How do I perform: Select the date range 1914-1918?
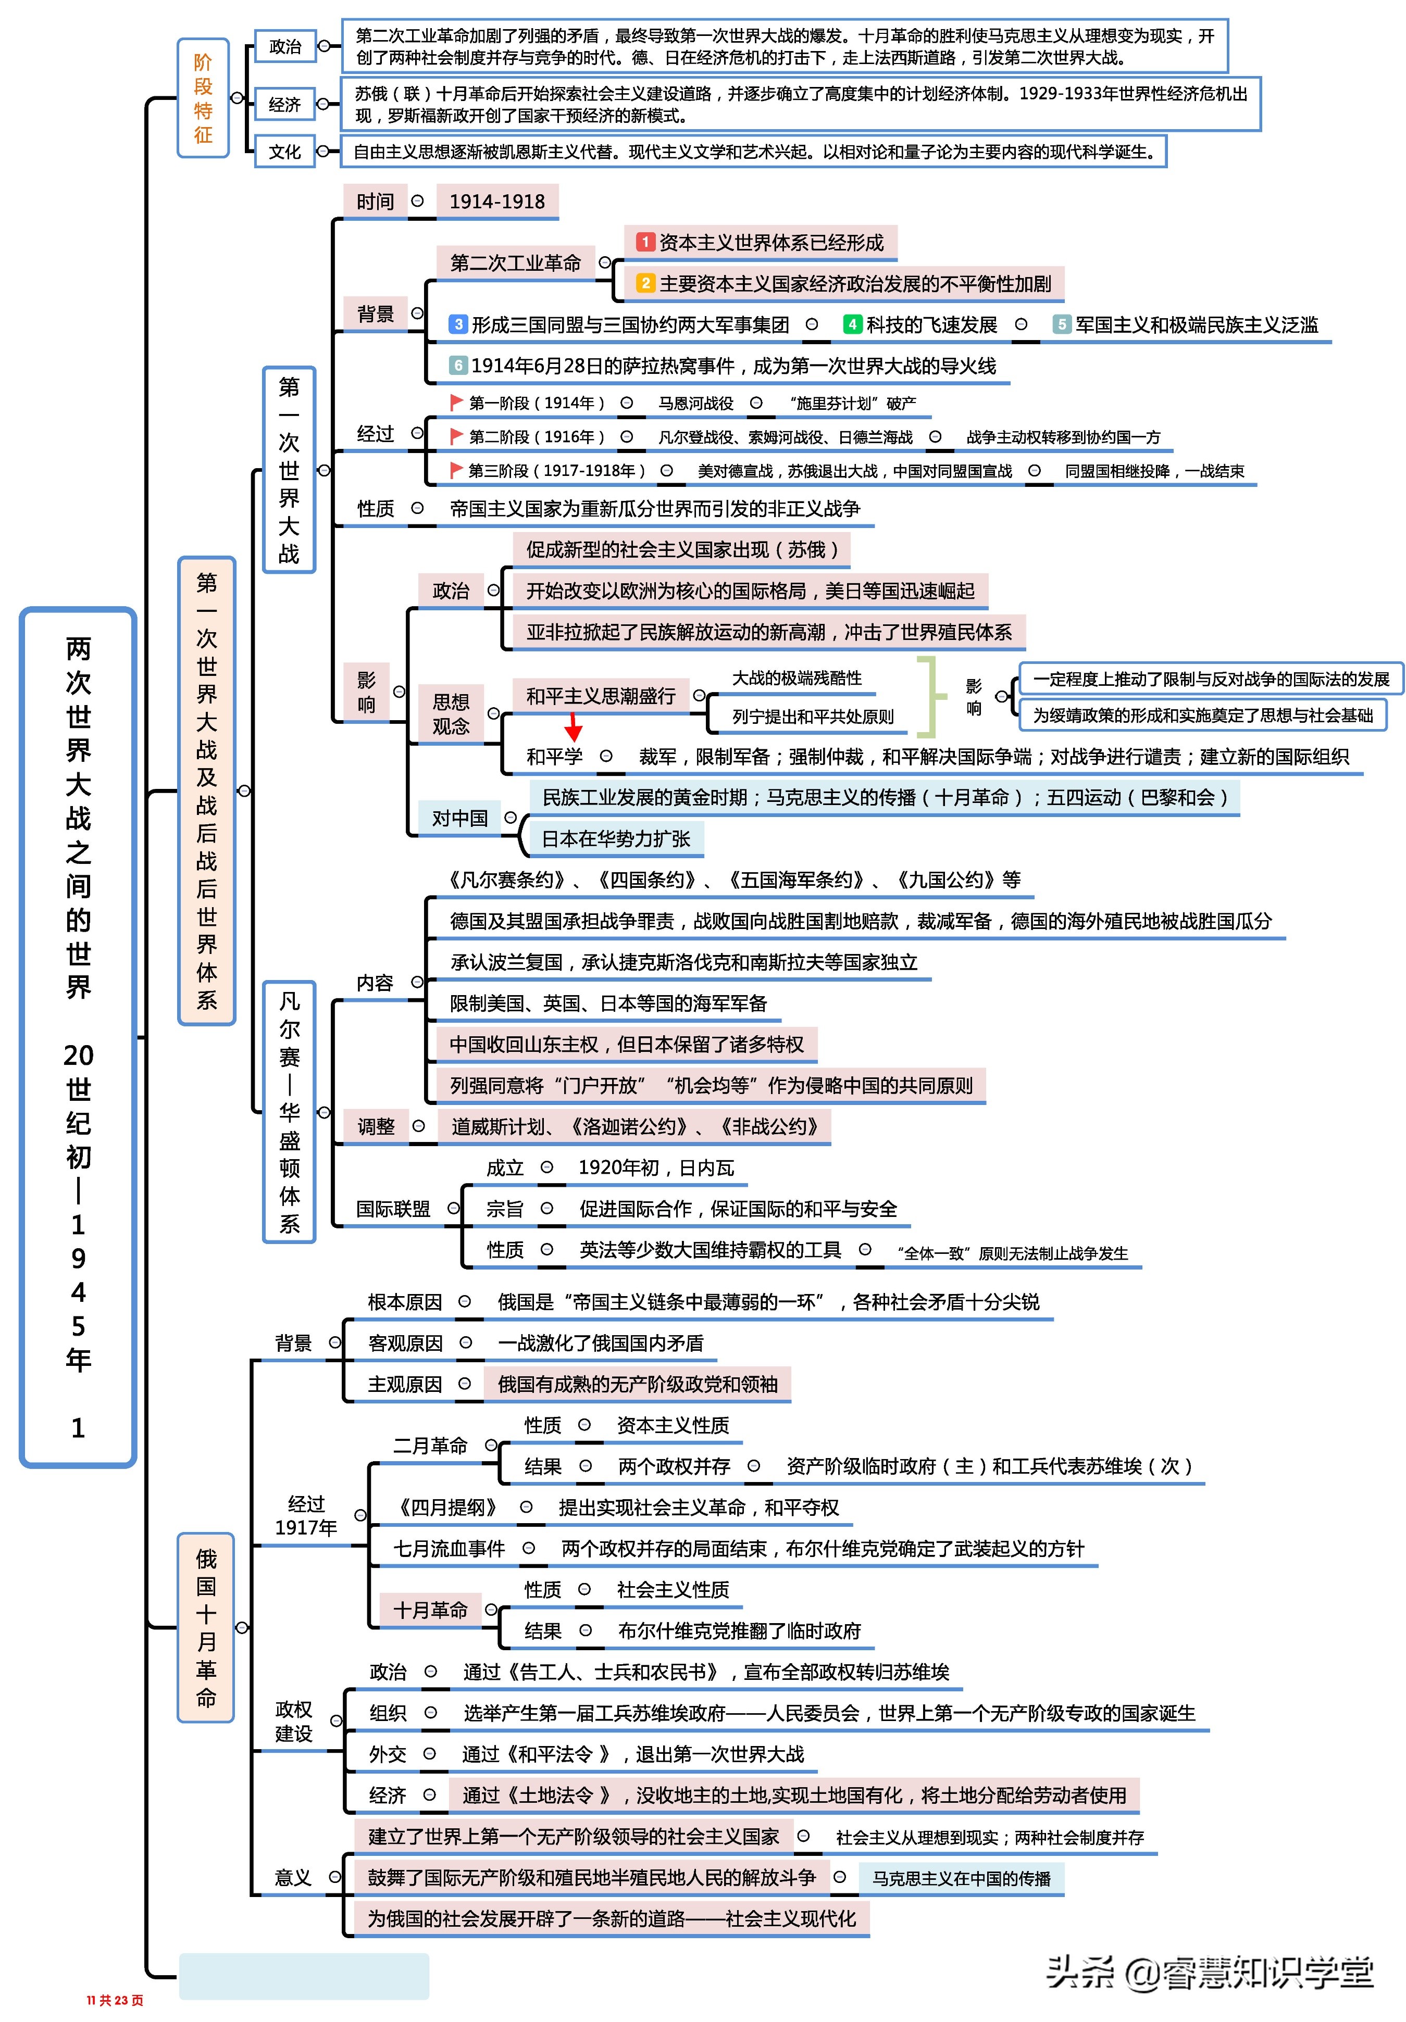[x=497, y=202]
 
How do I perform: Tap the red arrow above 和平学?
[x=574, y=726]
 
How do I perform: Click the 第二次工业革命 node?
[x=515, y=262]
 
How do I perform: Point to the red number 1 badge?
[x=646, y=242]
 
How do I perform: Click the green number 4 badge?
[x=851, y=324]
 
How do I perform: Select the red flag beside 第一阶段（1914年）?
[x=455, y=403]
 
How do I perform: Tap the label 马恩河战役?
[x=696, y=404]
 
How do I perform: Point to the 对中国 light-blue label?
[x=459, y=818]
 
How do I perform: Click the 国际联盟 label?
[x=393, y=1209]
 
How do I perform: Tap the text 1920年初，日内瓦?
[x=655, y=1168]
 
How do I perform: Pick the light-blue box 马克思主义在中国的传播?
[x=961, y=1878]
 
